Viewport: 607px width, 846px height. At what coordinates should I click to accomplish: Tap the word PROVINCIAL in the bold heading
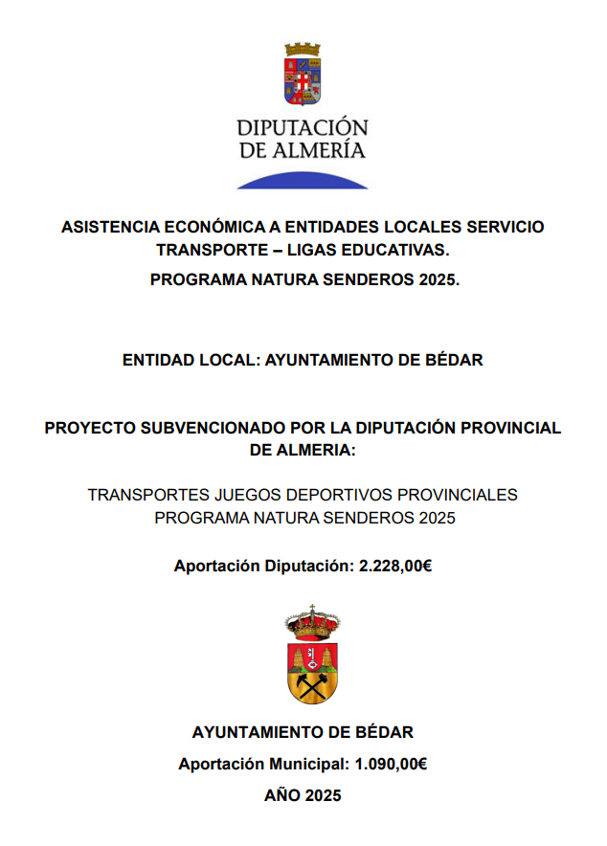point(508,427)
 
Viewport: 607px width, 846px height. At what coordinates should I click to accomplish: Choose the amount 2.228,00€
point(395,566)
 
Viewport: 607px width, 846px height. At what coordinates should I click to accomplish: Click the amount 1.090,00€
point(391,764)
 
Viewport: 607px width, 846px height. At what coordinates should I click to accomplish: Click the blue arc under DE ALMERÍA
point(303,180)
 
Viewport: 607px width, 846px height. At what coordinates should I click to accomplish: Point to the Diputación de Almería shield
point(303,77)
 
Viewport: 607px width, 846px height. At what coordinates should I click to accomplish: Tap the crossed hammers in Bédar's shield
point(312,684)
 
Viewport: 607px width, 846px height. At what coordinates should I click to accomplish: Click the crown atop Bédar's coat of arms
point(312,625)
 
